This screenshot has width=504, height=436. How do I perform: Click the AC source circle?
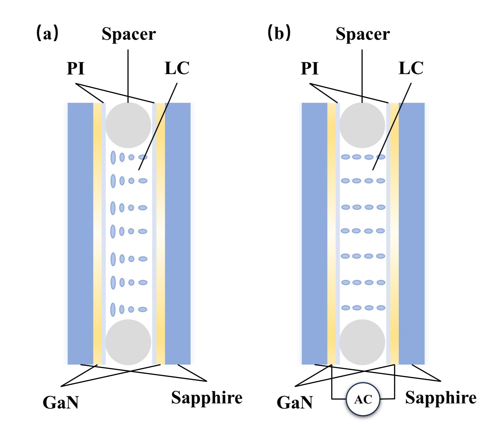click(x=363, y=399)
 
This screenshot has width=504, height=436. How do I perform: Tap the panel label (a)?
click(x=47, y=33)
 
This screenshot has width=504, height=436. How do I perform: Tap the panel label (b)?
click(x=279, y=33)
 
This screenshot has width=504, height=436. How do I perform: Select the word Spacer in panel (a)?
click(x=129, y=34)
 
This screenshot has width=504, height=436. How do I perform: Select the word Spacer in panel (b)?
click(x=363, y=34)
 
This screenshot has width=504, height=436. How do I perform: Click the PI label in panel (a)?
click(x=75, y=68)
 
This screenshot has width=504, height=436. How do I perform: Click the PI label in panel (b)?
click(x=309, y=68)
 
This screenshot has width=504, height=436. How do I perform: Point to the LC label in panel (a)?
click(x=177, y=68)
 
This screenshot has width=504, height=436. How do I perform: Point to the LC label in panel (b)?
click(x=411, y=68)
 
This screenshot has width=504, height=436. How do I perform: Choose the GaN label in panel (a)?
click(x=61, y=402)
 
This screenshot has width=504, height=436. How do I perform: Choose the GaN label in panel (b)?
click(x=295, y=402)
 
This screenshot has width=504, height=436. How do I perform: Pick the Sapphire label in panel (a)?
click(x=207, y=398)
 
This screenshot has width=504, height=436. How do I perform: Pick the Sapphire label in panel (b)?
click(x=441, y=398)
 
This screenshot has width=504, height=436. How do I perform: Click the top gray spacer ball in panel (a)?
click(x=128, y=125)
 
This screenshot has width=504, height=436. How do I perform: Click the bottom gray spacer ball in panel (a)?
click(x=128, y=342)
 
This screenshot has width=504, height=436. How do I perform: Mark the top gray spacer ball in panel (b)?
click(x=362, y=125)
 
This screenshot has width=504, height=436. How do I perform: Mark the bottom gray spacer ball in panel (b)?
click(x=362, y=342)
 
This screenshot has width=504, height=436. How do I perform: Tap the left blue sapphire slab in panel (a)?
click(x=80, y=233)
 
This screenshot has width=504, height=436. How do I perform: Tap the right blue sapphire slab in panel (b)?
click(x=412, y=233)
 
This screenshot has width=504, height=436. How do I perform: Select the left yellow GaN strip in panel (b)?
click(x=331, y=233)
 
